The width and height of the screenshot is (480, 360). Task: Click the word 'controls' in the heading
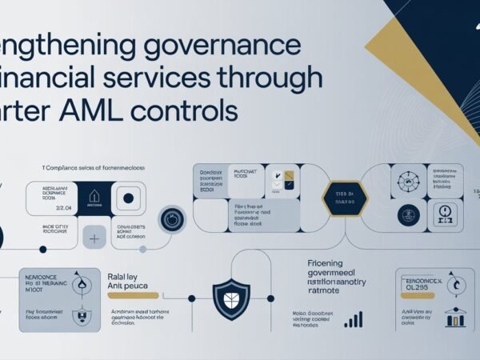coord(197,110)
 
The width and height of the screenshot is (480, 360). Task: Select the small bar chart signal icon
coord(353,320)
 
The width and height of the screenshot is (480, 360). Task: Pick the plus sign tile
coord(94,238)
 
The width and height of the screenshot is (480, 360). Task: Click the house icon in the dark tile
coord(94,196)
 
